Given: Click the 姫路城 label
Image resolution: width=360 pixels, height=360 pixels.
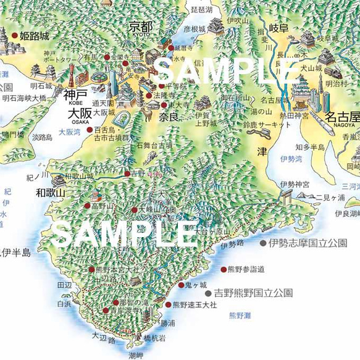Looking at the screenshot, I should pyautogui.click(x=34, y=36).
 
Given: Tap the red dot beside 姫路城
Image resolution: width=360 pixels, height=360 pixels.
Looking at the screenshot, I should pyautogui.click(x=14, y=36).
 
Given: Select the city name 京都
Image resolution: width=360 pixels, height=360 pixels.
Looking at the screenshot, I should pyautogui.click(x=141, y=27).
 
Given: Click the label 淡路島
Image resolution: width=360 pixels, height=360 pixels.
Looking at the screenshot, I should pyautogui.click(x=42, y=138).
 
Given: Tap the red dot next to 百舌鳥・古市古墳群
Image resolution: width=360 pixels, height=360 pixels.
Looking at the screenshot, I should pyautogui.click(x=90, y=130).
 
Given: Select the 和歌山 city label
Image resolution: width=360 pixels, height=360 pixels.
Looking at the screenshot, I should pyautogui.click(x=50, y=193).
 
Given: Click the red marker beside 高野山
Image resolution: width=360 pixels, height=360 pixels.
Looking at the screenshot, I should pyautogui.click(x=87, y=206).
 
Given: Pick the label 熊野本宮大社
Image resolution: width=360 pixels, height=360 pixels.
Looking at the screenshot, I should pyautogui.click(x=117, y=270).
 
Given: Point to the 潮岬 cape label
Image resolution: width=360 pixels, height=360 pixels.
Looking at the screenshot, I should pyautogui.click(x=136, y=356).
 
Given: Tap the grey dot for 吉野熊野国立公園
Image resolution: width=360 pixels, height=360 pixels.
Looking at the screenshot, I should pyautogui.click(x=208, y=293).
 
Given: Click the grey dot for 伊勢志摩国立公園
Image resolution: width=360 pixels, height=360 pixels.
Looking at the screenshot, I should pyautogui.click(x=263, y=243).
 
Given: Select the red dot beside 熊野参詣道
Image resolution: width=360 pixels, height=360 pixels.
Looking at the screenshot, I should pyautogui.click(x=223, y=269).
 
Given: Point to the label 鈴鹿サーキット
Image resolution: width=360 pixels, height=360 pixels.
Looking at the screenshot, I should pyautogui.click(x=267, y=125).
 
